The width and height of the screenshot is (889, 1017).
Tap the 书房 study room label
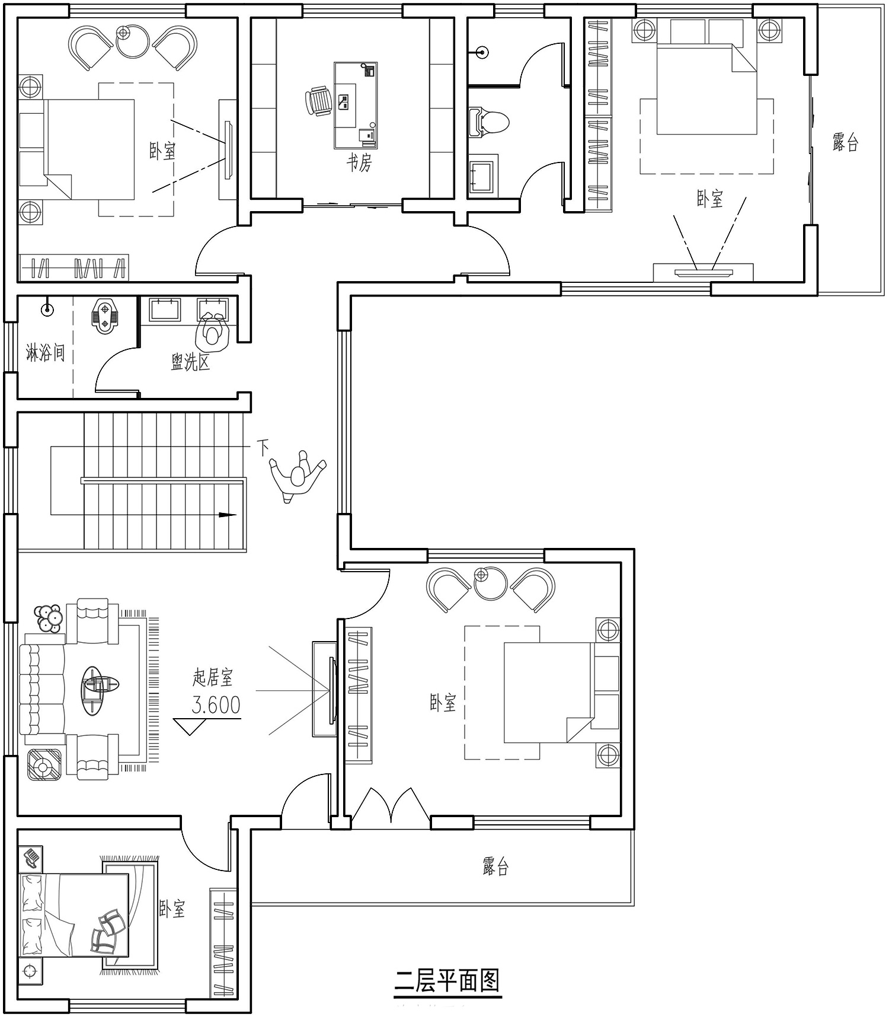[x=359, y=162]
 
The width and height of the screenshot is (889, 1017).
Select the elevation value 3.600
[x=216, y=704]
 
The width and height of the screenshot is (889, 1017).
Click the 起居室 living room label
[x=213, y=677]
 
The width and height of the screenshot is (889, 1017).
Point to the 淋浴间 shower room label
[x=46, y=353]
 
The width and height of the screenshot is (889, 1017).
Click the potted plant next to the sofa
[x=49, y=619]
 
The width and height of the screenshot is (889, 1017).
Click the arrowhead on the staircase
[x=228, y=515]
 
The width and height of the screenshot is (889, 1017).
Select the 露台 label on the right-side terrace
[x=845, y=142]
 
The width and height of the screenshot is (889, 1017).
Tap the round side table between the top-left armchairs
[x=132, y=42]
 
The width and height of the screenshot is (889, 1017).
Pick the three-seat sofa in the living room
[x=43, y=689]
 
